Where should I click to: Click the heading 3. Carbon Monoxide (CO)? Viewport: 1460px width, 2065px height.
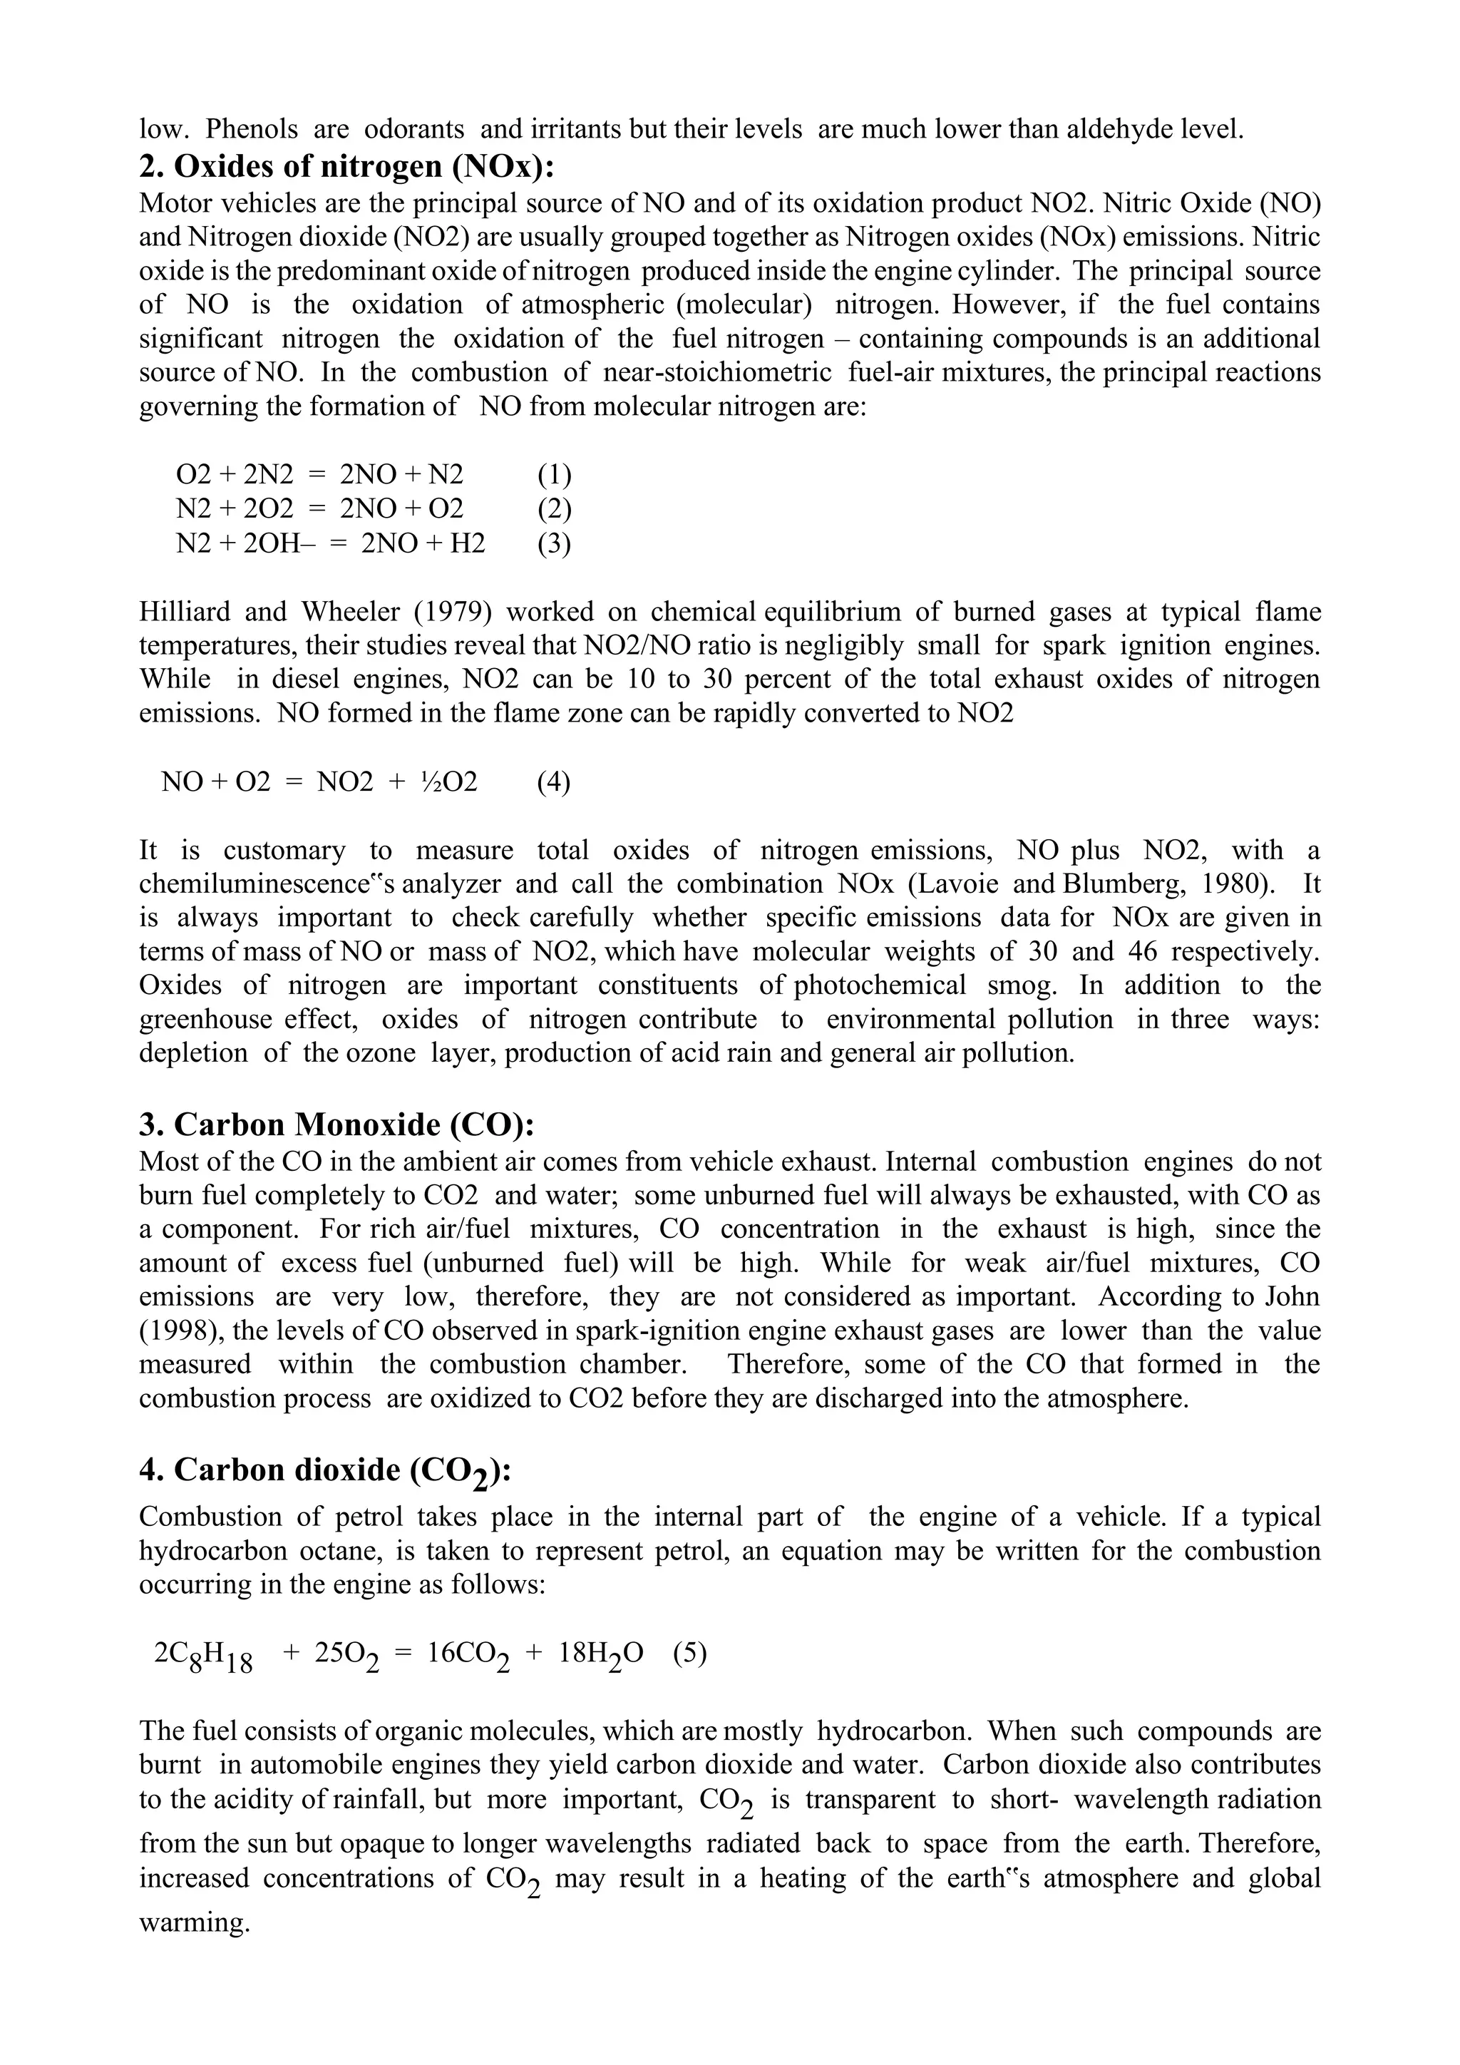pos(336,1124)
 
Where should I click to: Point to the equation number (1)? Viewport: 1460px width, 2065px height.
pos(554,474)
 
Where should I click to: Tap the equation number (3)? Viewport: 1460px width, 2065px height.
pos(554,543)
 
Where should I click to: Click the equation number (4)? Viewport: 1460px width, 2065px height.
pos(554,782)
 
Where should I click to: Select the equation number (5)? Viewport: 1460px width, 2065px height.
pos(689,1653)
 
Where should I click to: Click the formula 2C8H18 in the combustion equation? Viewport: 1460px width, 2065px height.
pos(203,1656)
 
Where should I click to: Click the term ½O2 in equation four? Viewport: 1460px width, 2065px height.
pos(448,782)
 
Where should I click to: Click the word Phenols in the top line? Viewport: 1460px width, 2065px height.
pos(252,130)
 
